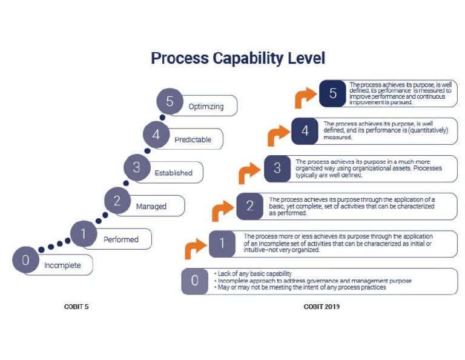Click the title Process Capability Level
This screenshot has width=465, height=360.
click(x=238, y=58)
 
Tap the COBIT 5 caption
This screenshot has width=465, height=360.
click(x=76, y=307)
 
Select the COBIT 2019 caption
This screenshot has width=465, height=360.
click(x=322, y=307)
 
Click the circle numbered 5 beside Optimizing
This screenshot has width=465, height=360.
click(x=170, y=102)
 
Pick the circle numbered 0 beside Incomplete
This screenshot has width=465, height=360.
click(x=25, y=261)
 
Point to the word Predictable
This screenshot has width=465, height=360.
click(x=193, y=140)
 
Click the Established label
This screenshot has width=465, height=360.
click(x=173, y=173)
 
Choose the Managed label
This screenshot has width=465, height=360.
click(x=151, y=207)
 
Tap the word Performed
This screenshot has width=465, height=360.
click(x=120, y=239)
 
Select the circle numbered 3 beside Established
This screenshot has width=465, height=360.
click(x=137, y=167)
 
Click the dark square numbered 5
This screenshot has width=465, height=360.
click(x=333, y=93)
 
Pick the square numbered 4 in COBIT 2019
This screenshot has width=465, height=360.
click(x=305, y=131)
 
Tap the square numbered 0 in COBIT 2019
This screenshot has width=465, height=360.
click(x=195, y=281)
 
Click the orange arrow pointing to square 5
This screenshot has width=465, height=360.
click(x=306, y=96)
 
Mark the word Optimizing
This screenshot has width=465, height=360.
click(x=206, y=107)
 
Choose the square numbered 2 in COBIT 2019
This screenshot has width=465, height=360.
click(x=249, y=205)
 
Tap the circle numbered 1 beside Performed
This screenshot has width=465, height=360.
click(x=84, y=234)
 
